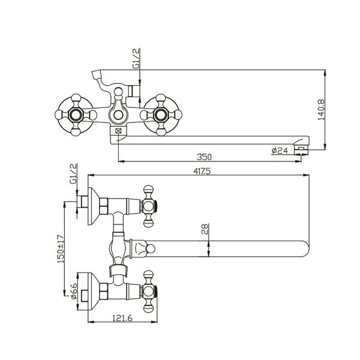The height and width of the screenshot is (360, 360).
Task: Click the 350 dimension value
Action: [204, 157]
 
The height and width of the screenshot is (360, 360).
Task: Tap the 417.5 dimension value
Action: [202, 171]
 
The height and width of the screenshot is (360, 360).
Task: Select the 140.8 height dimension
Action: [321, 110]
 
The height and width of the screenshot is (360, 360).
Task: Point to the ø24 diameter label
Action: [280, 151]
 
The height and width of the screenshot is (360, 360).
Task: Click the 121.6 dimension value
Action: [122, 318]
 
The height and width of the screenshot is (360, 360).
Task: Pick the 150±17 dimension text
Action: [61, 248]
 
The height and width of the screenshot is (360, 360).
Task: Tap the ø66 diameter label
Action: [74, 291]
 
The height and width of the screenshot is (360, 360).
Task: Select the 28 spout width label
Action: [205, 229]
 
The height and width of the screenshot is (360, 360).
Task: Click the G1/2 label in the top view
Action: [136, 58]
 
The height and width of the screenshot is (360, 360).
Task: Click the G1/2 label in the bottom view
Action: [73, 173]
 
